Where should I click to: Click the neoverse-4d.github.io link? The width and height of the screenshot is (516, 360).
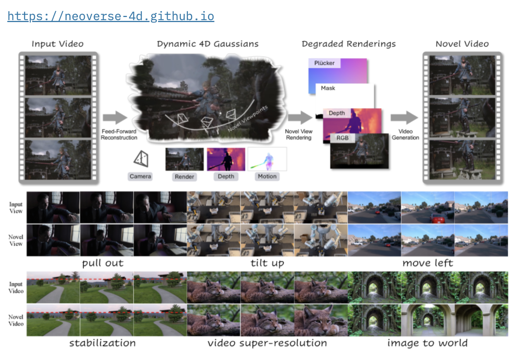tap(111, 16)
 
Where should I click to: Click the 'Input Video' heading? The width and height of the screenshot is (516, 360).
tap(58, 44)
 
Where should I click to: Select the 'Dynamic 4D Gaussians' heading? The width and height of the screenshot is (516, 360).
tap(208, 44)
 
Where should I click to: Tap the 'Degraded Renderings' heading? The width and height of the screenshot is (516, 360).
tap(349, 44)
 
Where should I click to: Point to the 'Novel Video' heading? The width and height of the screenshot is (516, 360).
tap(462, 44)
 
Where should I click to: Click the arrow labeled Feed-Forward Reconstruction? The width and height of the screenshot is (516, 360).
tap(115, 118)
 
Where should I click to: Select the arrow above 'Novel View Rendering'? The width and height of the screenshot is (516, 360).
tap(300, 118)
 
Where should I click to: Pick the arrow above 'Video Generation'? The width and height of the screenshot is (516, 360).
tap(404, 118)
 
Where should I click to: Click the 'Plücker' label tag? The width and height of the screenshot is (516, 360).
tap(324, 63)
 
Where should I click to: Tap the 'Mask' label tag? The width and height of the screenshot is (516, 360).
tap(328, 88)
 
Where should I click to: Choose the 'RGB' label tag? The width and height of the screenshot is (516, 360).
tap(342, 138)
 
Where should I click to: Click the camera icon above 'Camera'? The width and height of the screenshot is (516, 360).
tap(141, 159)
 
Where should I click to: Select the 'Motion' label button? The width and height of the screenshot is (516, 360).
tap(267, 177)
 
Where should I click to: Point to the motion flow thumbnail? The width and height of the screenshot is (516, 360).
tap(267, 159)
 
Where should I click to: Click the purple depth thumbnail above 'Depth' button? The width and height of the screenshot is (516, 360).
tap(226, 159)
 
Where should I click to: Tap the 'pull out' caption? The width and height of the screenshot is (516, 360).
tap(103, 263)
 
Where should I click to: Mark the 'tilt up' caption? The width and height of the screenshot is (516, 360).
tap(267, 263)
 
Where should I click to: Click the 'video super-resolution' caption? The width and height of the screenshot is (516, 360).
tap(267, 343)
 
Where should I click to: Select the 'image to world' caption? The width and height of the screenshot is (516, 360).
tap(427, 343)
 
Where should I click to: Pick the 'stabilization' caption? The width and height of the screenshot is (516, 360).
tap(103, 343)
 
